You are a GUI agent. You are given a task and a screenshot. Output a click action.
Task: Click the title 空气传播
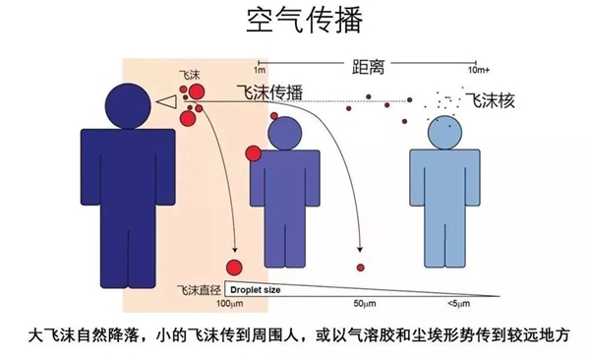pos(295,20)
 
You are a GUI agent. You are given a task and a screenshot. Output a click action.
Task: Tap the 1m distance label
pos(260,71)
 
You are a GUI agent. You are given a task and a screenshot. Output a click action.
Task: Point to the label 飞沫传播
pos(267,92)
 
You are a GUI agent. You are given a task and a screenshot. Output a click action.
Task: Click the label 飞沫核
pos(491,100)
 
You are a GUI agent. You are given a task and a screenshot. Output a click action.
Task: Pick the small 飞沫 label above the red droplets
pos(189,74)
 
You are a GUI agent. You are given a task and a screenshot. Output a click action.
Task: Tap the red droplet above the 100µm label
pos(234,268)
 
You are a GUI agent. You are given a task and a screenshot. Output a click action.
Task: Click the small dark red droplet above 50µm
pos(361,268)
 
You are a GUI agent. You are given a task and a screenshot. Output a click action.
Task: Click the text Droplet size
pos(258,291)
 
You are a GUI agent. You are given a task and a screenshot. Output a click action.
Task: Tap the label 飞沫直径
pos(197,292)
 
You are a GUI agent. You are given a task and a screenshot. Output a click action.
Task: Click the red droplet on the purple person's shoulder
pos(253,151)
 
